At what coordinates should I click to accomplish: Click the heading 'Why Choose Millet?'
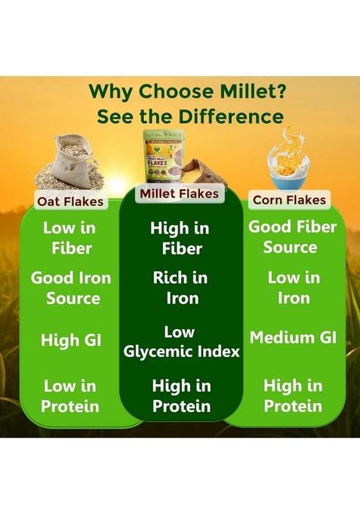click(x=180, y=91)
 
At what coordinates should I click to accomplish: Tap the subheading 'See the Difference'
click(x=180, y=117)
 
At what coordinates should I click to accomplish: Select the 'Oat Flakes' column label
click(x=70, y=202)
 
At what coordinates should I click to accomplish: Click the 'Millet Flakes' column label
click(x=179, y=194)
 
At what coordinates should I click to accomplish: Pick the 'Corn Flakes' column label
click(x=290, y=199)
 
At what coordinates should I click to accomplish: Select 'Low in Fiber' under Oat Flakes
click(x=70, y=238)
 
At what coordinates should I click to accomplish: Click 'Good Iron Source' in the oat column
click(x=71, y=288)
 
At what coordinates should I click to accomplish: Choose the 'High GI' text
click(x=71, y=340)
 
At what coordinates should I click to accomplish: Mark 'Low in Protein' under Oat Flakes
click(x=71, y=396)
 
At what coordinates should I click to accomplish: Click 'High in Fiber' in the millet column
click(x=180, y=239)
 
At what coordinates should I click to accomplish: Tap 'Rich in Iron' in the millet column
click(x=180, y=288)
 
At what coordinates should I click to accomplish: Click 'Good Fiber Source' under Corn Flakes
click(x=292, y=237)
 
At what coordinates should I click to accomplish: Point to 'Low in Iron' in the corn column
click(x=292, y=288)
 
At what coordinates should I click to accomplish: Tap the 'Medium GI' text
click(x=292, y=337)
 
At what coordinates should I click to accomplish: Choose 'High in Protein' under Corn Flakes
click(x=292, y=396)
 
